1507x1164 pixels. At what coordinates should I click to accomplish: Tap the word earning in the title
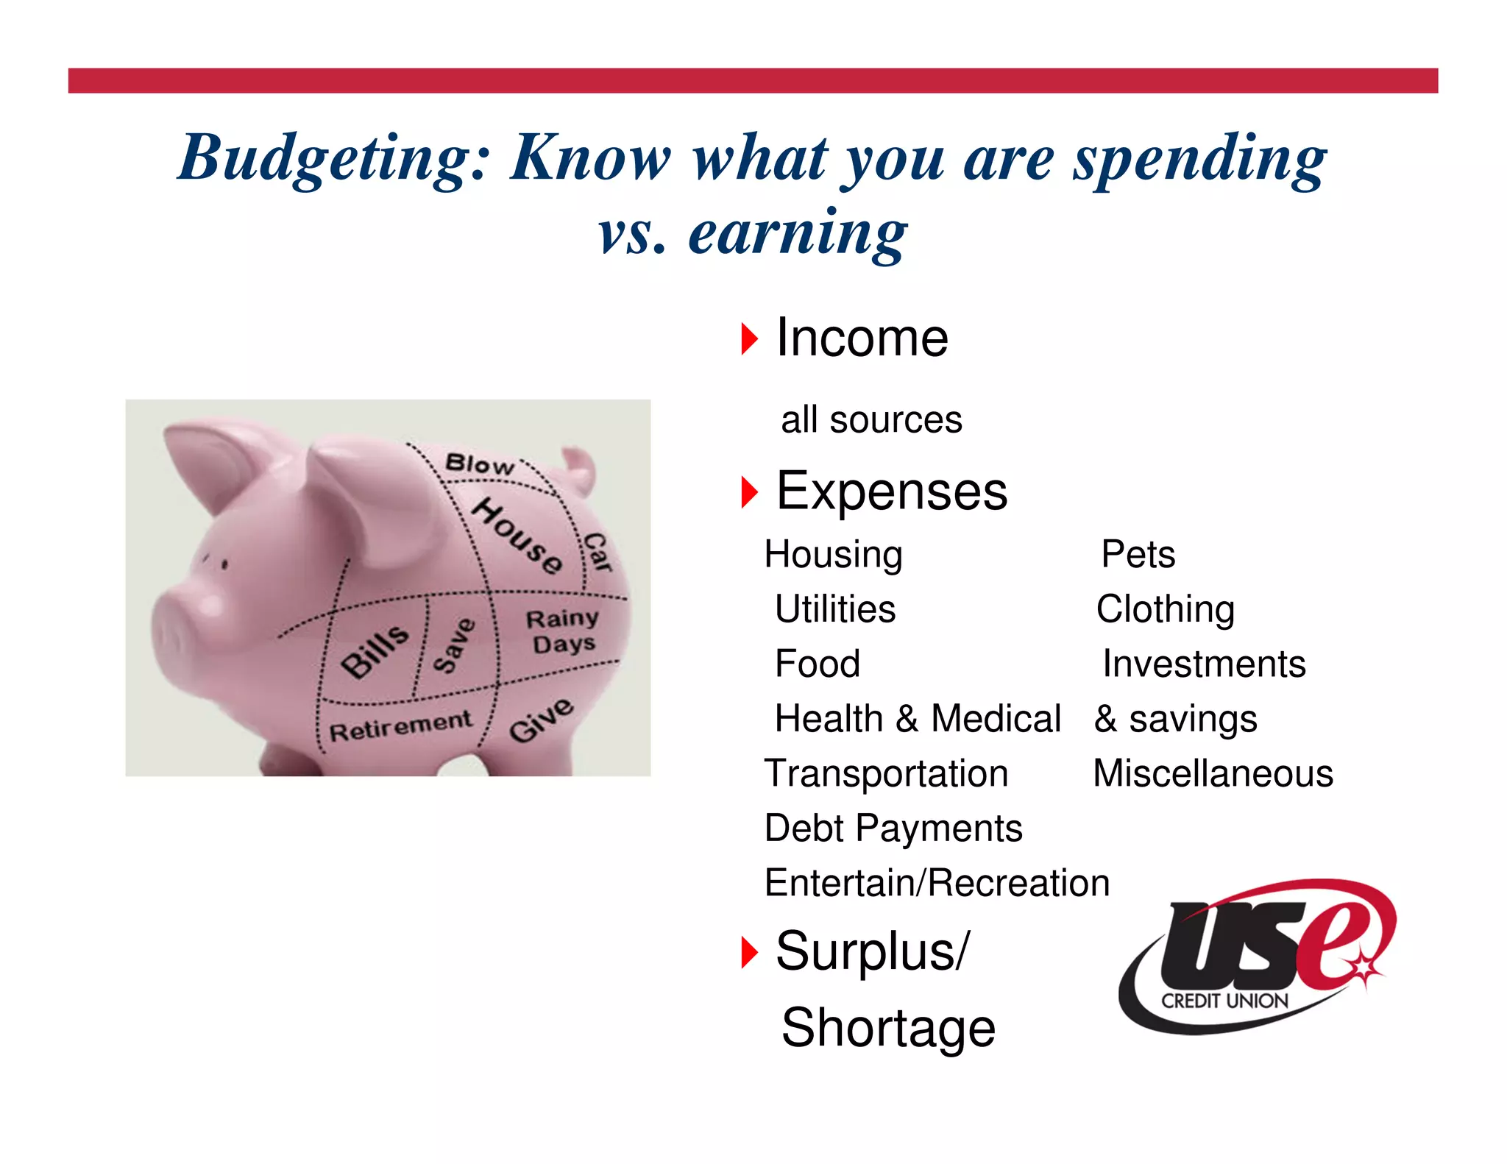(798, 234)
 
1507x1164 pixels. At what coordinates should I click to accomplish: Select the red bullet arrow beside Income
(749, 339)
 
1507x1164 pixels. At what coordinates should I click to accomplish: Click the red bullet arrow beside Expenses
(749, 492)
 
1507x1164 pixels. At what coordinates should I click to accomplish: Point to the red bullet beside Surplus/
(749, 953)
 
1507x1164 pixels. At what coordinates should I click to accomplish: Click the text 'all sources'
(871, 420)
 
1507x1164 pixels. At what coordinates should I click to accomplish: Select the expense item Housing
(833, 555)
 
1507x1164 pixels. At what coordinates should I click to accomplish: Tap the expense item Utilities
(835, 609)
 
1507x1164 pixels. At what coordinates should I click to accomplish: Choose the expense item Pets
(1138, 555)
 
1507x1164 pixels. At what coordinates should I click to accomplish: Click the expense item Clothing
(1165, 609)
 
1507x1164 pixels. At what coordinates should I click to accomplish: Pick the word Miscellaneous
(1213, 774)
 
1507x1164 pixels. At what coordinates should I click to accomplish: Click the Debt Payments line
(893, 828)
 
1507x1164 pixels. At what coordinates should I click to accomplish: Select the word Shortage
(888, 1028)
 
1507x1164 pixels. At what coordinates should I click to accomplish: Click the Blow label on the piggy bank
(480, 464)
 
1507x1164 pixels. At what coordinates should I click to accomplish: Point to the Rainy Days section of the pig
(563, 631)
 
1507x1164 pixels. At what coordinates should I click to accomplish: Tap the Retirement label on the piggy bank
(400, 727)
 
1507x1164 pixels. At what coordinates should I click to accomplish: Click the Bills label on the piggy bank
(375, 650)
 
